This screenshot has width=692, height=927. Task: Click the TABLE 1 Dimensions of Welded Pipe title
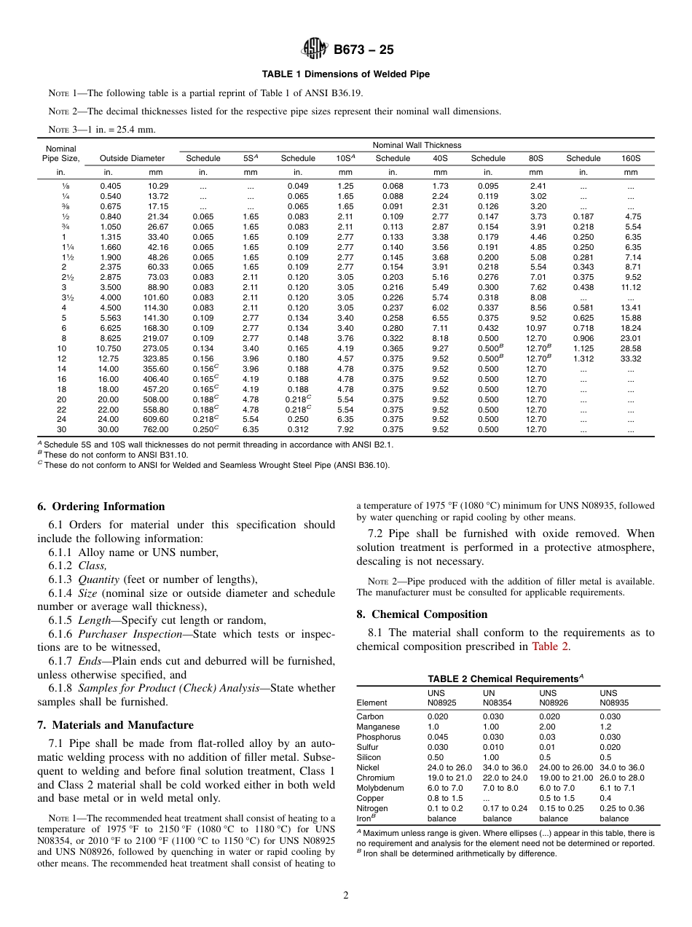click(x=346, y=74)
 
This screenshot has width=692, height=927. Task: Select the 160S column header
click(x=631, y=158)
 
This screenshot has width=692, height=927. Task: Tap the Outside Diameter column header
click(x=132, y=158)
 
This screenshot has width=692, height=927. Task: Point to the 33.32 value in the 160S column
click(x=631, y=359)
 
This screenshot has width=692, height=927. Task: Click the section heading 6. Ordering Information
click(x=101, y=507)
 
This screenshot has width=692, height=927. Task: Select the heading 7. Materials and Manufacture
click(x=115, y=725)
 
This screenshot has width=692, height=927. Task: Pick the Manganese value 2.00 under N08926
click(x=547, y=727)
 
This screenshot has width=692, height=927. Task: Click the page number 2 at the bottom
click(x=345, y=896)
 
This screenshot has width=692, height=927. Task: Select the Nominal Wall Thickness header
click(x=417, y=145)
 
